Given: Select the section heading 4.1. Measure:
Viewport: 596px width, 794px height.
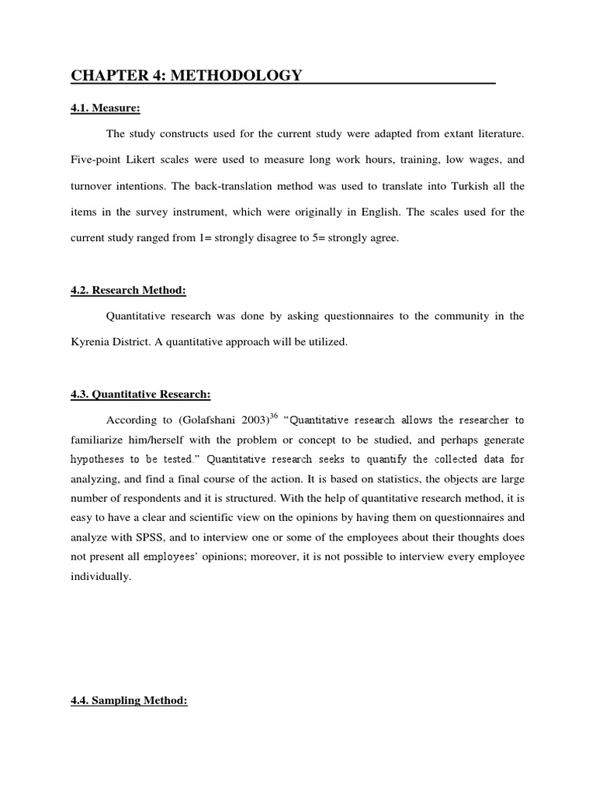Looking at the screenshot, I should pos(99,109).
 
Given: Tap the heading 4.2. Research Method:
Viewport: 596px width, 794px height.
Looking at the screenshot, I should pos(129,291).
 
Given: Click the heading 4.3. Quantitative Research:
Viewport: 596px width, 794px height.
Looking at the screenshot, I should pos(140,395).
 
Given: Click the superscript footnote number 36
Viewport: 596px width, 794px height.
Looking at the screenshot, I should pos(273,416).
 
